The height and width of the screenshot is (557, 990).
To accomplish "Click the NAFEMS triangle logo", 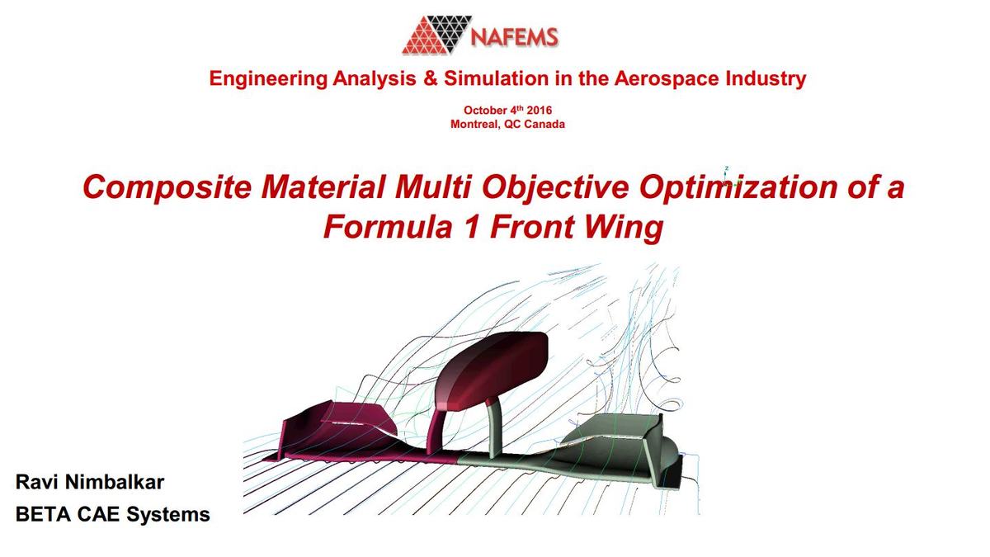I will coord(436,35).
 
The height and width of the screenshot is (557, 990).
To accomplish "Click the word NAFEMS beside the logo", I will coord(514,37).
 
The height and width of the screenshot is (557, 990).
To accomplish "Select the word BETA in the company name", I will coord(44,514).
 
